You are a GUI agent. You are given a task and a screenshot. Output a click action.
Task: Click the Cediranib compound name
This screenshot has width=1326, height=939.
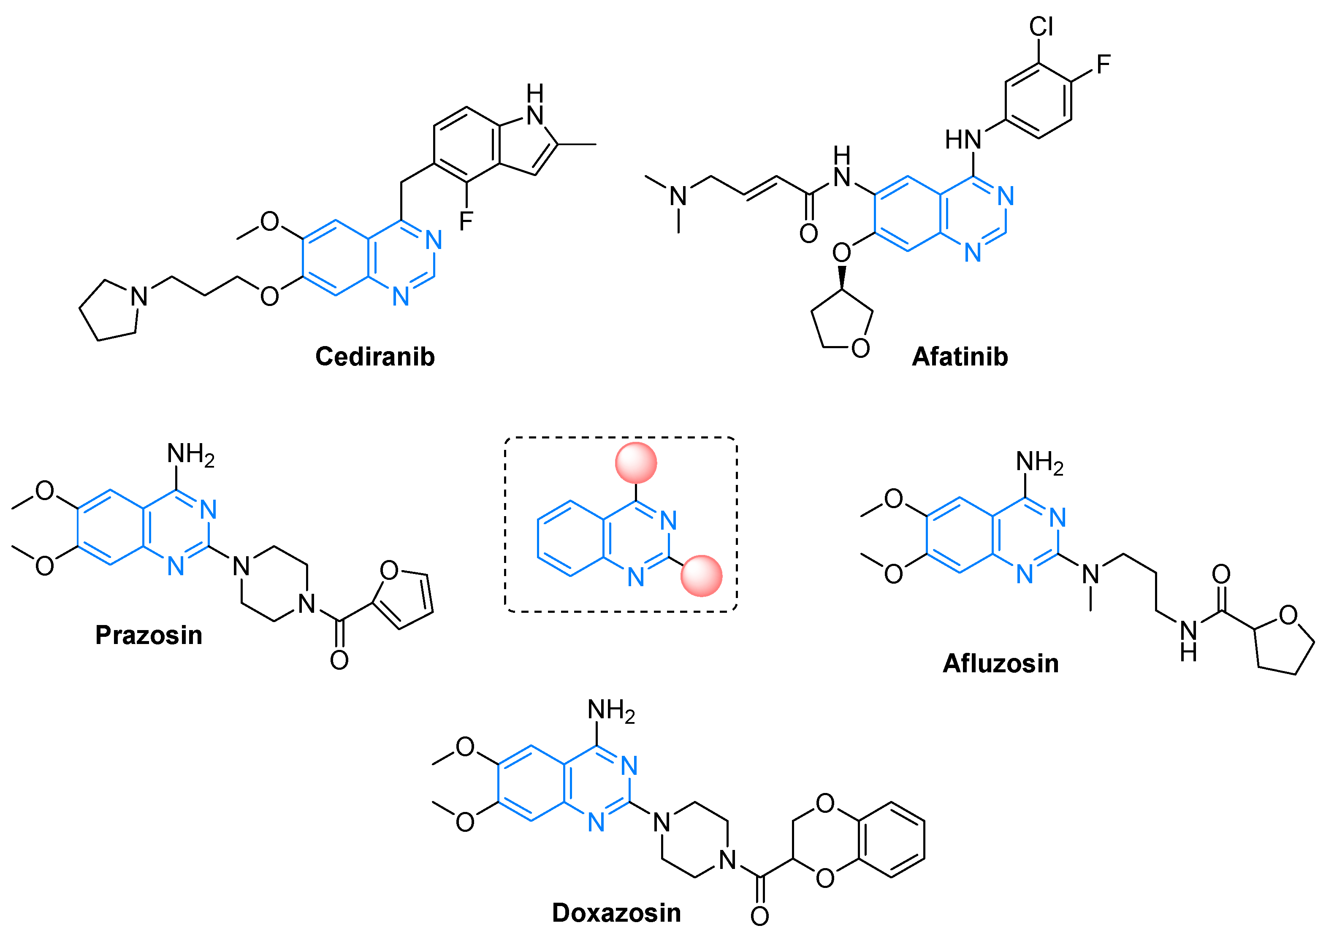(375, 356)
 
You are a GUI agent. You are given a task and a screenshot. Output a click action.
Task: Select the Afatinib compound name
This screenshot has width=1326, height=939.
(960, 356)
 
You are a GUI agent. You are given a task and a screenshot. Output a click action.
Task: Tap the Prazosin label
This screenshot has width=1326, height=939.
(149, 635)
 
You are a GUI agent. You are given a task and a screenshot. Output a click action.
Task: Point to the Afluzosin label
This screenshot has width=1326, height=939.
(1001, 663)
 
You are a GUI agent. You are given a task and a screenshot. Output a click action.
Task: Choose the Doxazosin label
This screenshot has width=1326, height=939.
(616, 912)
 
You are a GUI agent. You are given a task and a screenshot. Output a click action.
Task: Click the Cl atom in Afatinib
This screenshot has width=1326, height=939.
(1041, 27)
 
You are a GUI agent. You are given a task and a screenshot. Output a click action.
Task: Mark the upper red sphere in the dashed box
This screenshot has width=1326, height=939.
(635, 463)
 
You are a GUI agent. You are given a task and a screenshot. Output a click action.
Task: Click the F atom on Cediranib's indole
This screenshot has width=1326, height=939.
(466, 220)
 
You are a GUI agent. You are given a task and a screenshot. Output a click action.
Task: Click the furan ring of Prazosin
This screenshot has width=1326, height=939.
(405, 599)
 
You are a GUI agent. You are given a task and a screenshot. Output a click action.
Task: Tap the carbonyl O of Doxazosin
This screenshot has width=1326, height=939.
(759, 916)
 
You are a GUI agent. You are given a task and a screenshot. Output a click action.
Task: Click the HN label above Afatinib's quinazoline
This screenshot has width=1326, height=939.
(963, 139)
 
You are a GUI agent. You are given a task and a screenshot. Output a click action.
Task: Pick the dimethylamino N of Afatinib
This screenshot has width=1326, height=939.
(678, 197)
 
